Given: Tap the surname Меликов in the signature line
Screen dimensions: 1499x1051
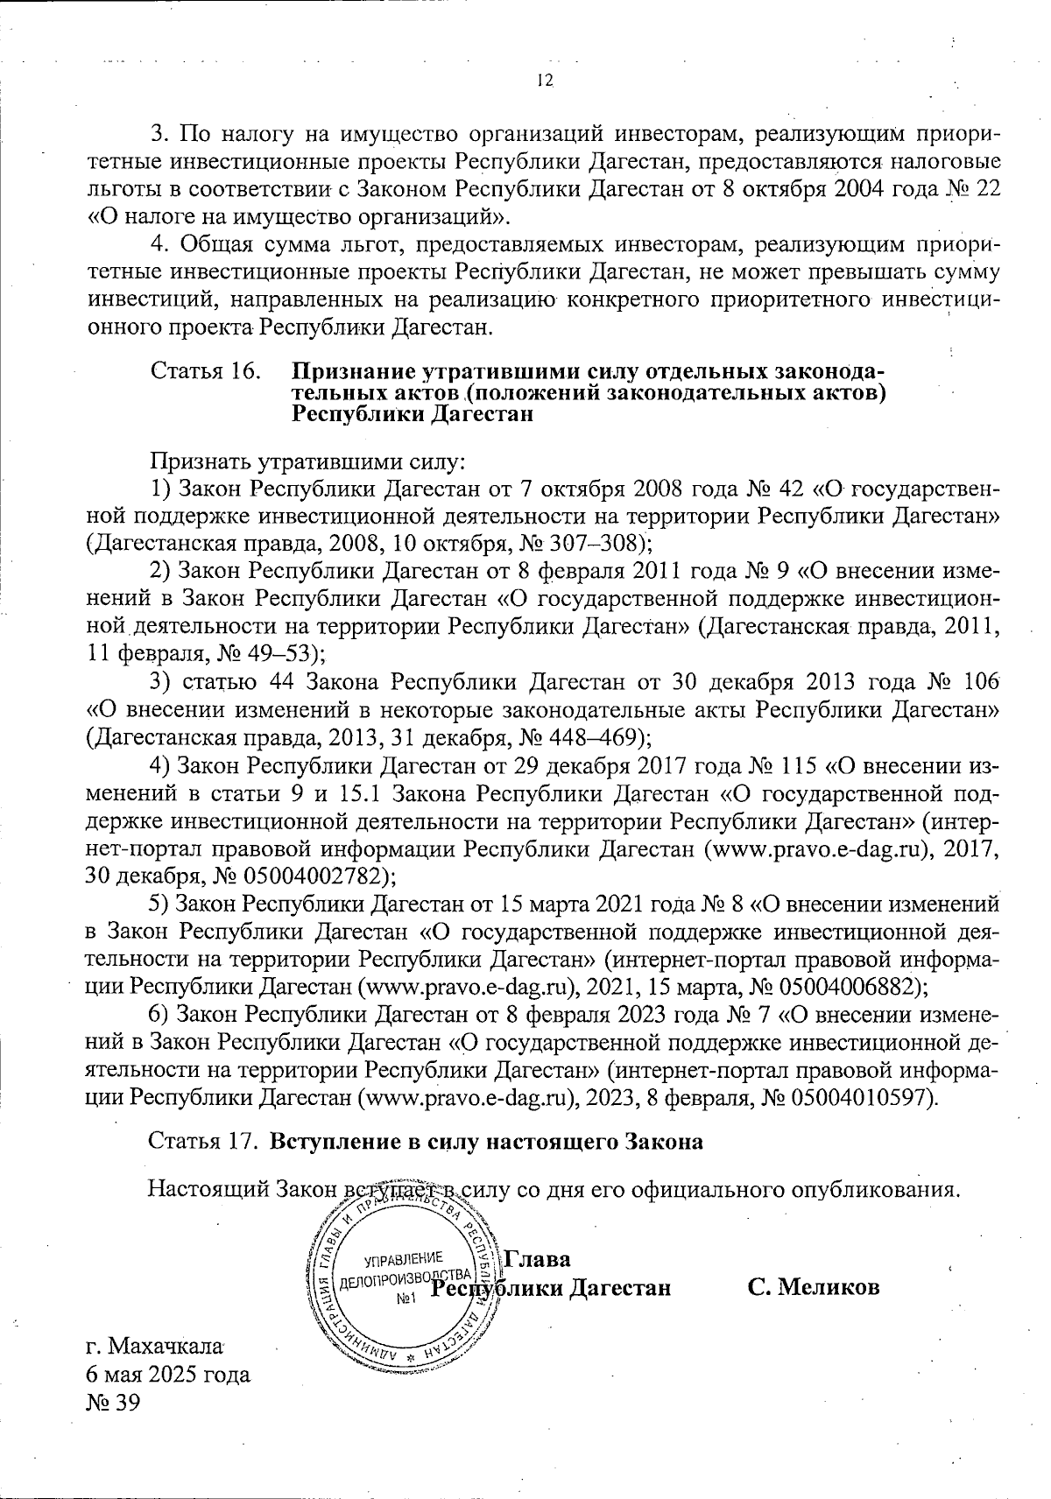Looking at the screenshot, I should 829,1287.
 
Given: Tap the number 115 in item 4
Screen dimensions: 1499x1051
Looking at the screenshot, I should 797,765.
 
